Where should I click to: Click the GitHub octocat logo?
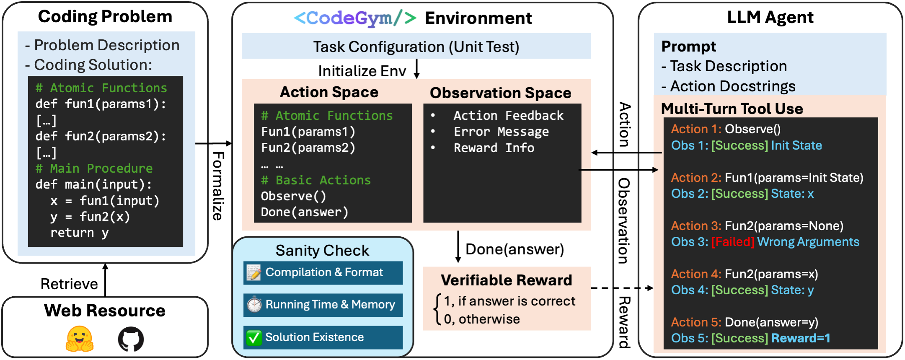click(131, 339)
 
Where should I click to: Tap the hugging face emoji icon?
click(80, 339)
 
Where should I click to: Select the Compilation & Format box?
click(323, 273)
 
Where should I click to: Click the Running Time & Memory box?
click(323, 305)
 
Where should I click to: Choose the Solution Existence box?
click(323, 337)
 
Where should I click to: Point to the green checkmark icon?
click(254, 338)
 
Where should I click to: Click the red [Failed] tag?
click(732, 242)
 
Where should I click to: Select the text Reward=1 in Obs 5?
click(800, 338)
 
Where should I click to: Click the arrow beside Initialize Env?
click(416, 69)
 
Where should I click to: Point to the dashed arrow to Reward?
click(622, 288)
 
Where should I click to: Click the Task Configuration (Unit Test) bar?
click(416, 47)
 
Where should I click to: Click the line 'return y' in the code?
click(79, 233)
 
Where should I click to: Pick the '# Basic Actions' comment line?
click(315, 180)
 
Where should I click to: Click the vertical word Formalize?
click(218, 186)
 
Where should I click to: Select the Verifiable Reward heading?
click(506, 280)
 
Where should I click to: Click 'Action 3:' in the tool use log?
click(696, 226)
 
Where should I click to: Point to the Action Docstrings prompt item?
click(732, 86)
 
